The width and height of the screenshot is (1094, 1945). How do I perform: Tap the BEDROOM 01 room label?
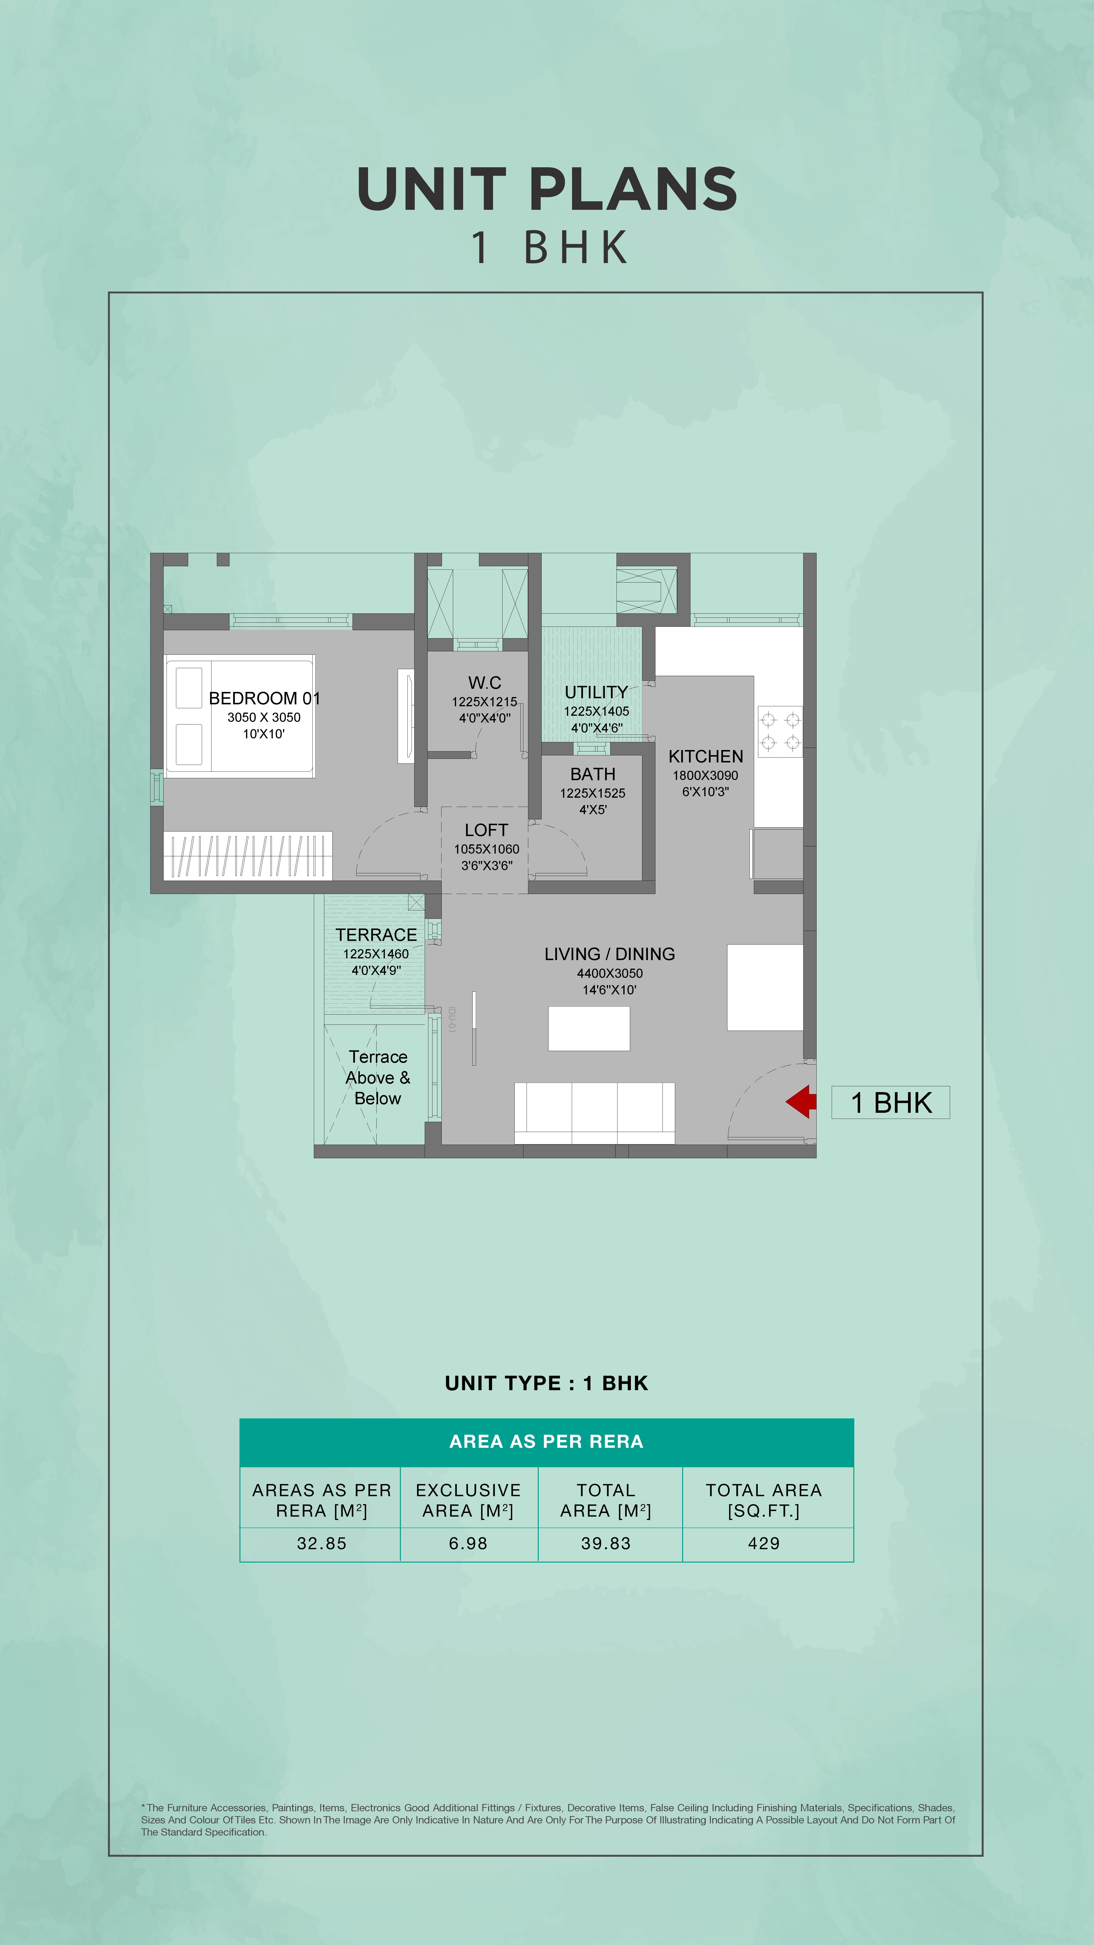click(264, 698)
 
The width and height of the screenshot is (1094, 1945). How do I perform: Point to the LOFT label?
click(486, 830)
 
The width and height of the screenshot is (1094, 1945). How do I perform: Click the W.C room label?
click(485, 682)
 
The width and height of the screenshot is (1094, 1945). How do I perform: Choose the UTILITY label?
click(596, 692)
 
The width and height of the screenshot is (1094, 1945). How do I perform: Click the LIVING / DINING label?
click(609, 954)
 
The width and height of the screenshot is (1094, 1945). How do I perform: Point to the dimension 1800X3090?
click(705, 775)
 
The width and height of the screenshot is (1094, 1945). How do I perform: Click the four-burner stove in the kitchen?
click(780, 731)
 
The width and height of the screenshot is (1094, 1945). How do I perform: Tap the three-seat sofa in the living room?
click(594, 1113)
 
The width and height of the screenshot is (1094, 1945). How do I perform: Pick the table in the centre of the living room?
click(589, 1028)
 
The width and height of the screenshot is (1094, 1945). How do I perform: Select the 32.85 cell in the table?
click(322, 1543)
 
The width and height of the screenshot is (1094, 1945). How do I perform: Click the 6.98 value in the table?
click(468, 1543)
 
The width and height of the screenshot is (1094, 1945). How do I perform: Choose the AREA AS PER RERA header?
click(547, 1441)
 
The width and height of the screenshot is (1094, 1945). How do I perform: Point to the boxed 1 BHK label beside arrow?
click(891, 1102)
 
